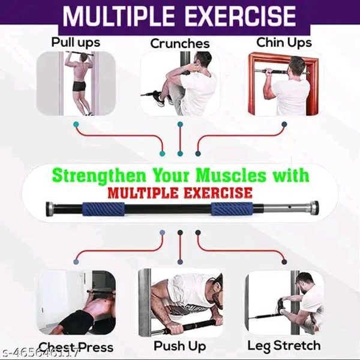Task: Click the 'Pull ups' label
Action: pos(75,43)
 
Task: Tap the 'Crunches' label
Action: pos(179,43)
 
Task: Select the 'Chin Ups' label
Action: pos(284,42)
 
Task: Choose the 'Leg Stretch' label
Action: pos(284,346)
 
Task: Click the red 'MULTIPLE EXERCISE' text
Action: pos(180,193)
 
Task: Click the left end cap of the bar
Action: pos(47,211)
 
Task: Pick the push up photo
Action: pos(179,302)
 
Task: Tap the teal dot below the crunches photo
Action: pos(180,124)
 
